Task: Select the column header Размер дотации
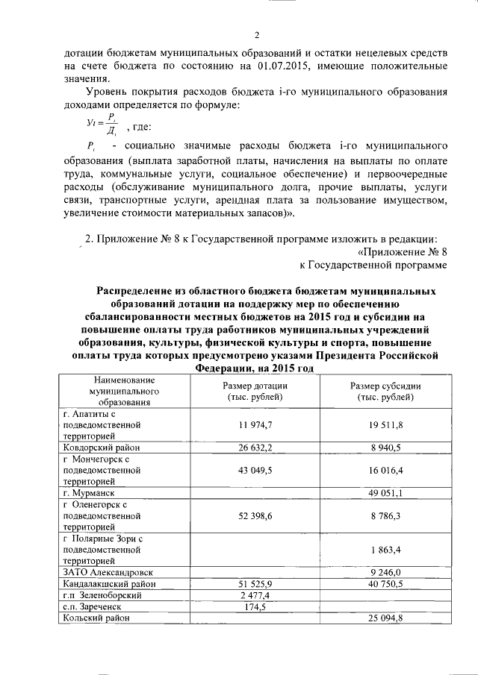click(x=255, y=392)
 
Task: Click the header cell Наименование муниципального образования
click(x=114, y=391)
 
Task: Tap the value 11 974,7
click(x=255, y=424)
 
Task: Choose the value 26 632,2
click(x=255, y=448)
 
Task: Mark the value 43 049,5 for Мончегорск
click(x=255, y=471)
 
